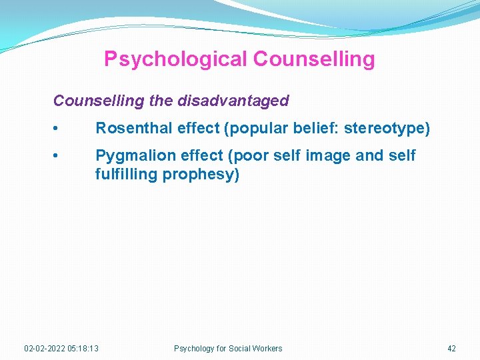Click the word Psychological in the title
pyautogui.click(x=175, y=59)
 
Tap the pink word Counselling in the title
pyautogui.click(x=314, y=59)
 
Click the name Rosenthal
pyautogui.click(x=134, y=128)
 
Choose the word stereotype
pyautogui.click(x=383, y=128)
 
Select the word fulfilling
pyautogui.click(x=126, y=175)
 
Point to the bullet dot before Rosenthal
pyautogui.click(x=61, y=129)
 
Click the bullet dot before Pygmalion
pyautogui.click(x=61, y=157)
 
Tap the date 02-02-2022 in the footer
pyautogui.click(x=45, y=348)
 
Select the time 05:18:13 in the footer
pyautogui.click(x=83, y=348)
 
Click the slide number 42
pyautogui.click(x=451, y=348)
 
